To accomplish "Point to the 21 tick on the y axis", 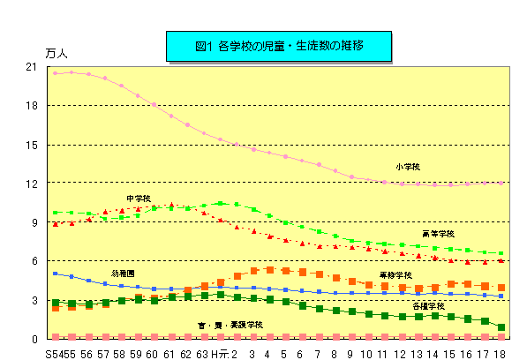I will [32, 67].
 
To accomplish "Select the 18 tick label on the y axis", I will [32, 106].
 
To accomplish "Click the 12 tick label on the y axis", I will [32, 184].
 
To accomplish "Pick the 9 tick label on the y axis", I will [34, 222].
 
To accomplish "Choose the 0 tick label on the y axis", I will [34, 339].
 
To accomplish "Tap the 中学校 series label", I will [139, 199].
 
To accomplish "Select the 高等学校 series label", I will [438, 234].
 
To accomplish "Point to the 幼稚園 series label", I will [124, 274].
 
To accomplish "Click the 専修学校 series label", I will [395, 275].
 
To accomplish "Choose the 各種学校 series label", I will [428, 306].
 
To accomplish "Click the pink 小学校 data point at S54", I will [56, 73].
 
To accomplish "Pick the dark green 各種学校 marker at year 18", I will [501, 327].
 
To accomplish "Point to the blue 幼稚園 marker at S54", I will [56, 274].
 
